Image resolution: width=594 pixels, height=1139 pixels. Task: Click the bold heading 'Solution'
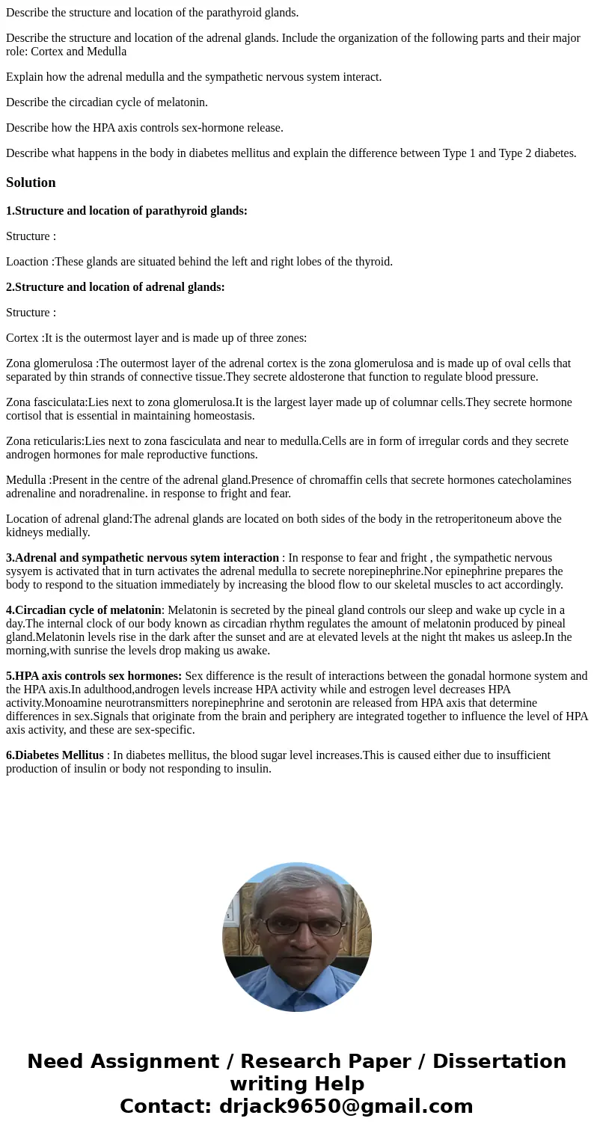click(x=31, y=182)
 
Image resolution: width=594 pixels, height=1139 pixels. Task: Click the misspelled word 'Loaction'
click(x=28, y=262)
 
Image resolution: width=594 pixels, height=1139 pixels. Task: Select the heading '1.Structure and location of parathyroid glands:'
click(x=126, y=211)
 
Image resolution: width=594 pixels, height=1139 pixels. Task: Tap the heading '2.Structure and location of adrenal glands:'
click(x=115, y=287)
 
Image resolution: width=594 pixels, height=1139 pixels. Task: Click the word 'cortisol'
click(x=25, y=416)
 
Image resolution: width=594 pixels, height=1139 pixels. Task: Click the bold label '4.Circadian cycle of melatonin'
click(x=84, y=610)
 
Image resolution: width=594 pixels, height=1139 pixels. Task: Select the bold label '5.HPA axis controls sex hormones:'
click(x=94, y=676)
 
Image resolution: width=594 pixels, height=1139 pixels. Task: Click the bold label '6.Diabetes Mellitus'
click(x=55, y=755)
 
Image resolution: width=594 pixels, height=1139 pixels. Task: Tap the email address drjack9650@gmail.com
click(x=346, y=1107)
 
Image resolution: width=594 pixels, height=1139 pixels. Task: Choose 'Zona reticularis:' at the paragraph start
click(x=45, y=441)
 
